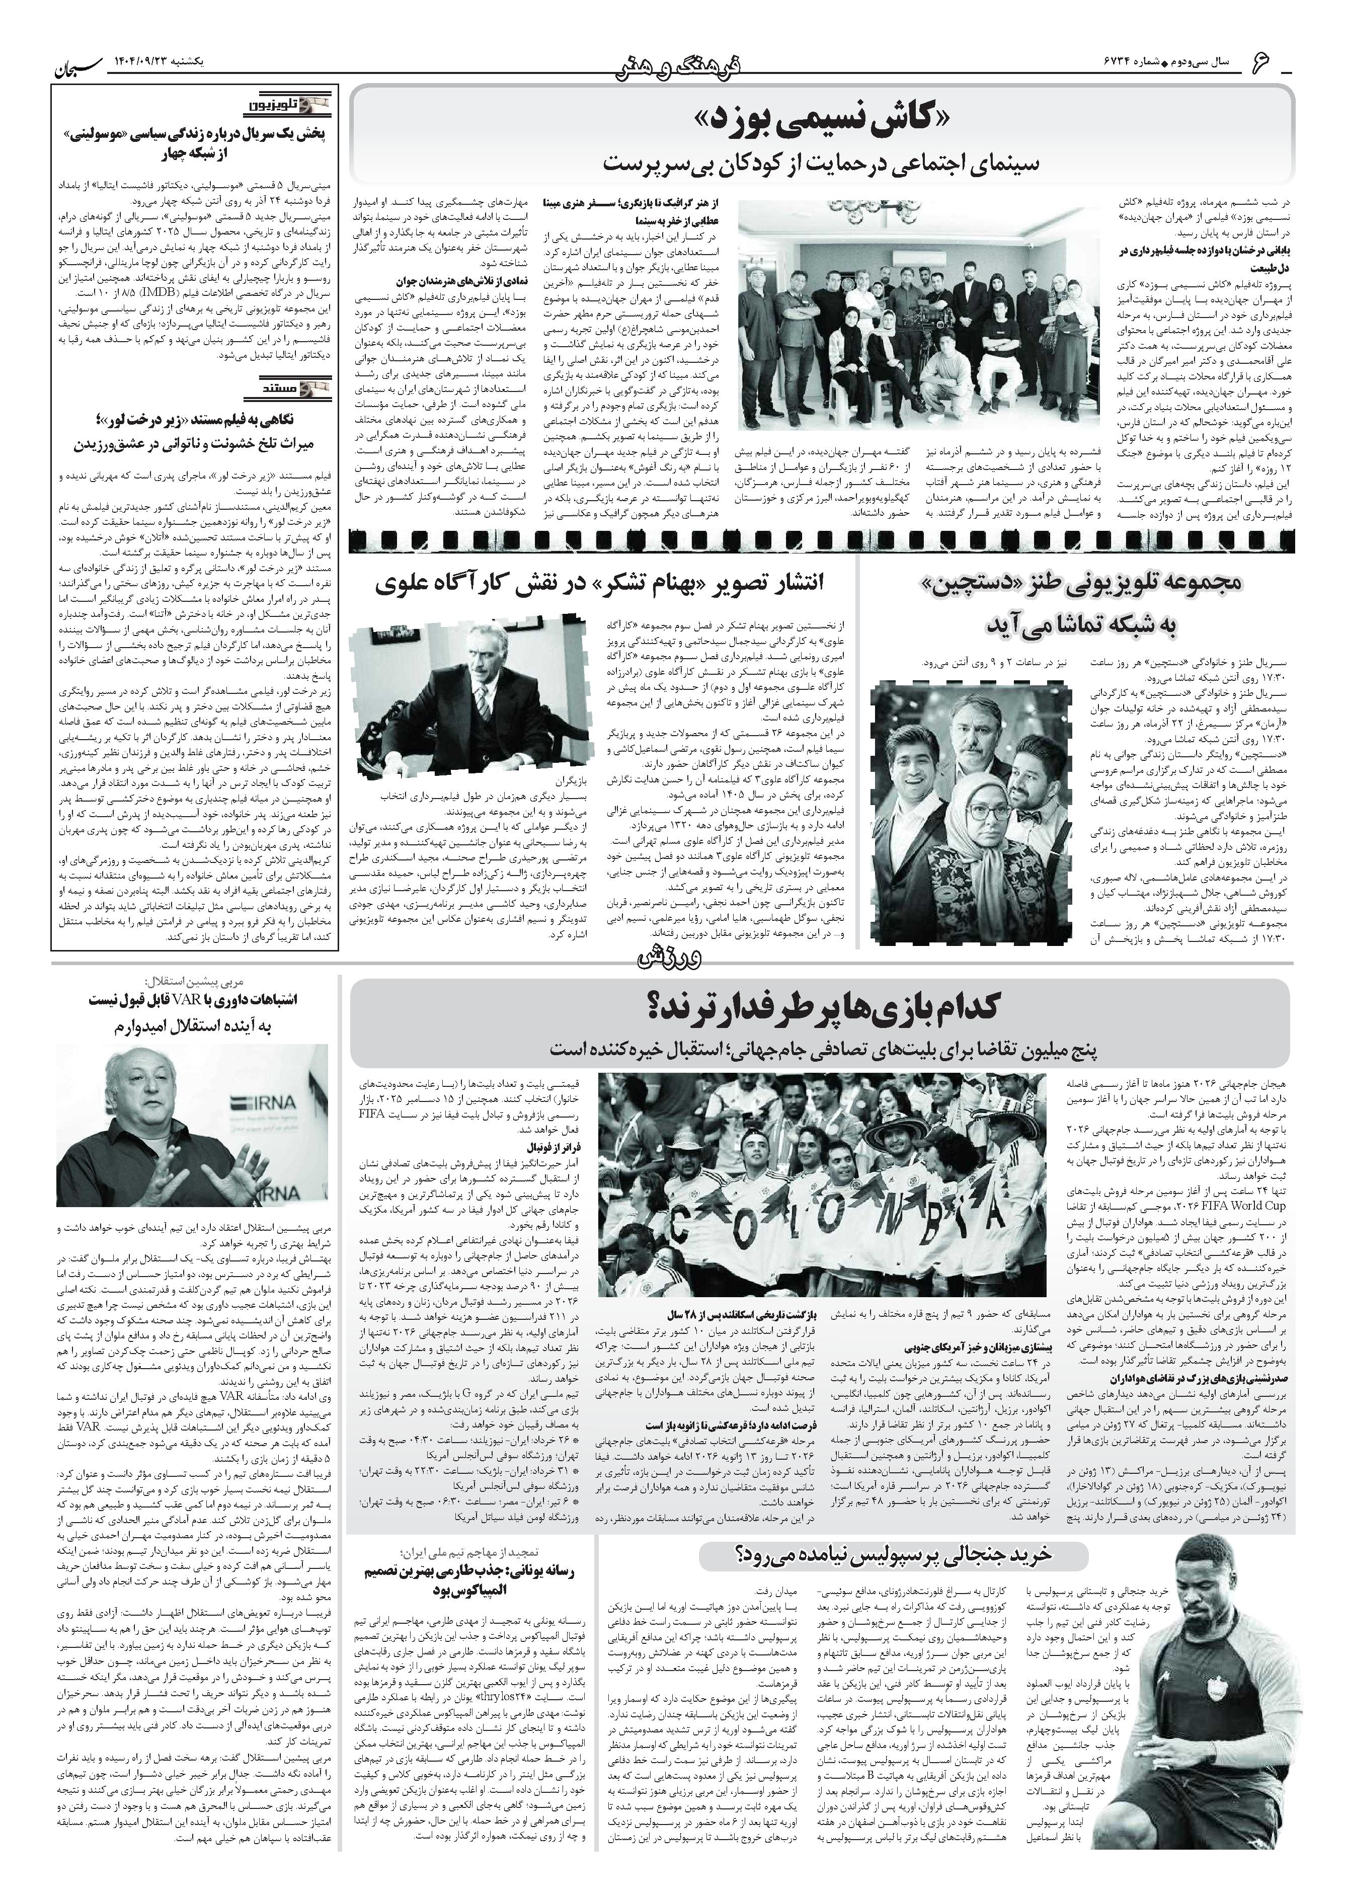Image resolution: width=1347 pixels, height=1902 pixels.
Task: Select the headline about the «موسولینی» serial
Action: tap(195, 143)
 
